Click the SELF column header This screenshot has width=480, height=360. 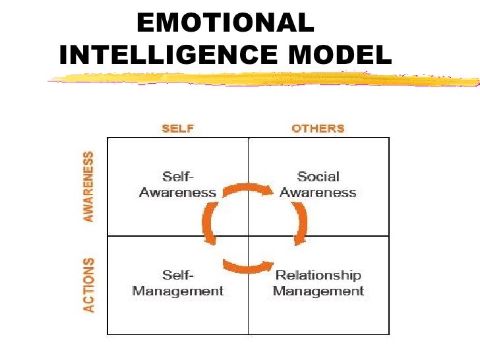click(x=177, y=128)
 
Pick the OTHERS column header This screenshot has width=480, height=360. click(x=318, y=128)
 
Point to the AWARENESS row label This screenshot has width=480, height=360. click(x=88, y=187)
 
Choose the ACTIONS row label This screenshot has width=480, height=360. click(x=88, y=285)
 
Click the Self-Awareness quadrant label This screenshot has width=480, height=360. click(x=177, y=185)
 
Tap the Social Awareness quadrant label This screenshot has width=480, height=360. click(x=318, y=185)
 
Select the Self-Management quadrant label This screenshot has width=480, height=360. click(x=177, y=283)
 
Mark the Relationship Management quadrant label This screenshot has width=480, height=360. click(x=318, y=283)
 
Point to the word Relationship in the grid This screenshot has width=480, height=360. click(x=318, y=276)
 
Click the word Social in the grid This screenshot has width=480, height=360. click(x=318, y=177)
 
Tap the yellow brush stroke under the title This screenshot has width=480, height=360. click(x=264, y=80)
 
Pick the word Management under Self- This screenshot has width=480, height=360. click(x=177, y=291)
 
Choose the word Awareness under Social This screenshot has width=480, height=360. click(x=318, y=193)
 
